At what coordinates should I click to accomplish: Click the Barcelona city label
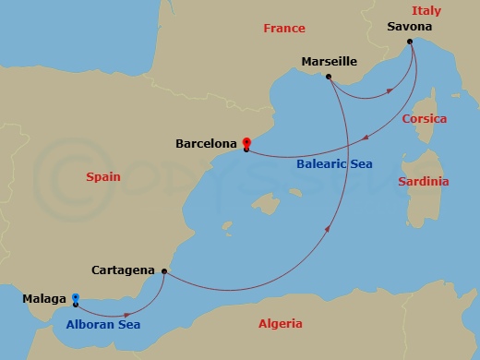coord(207,144)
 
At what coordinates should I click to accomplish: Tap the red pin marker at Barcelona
coord(246,143)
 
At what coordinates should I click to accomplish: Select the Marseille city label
coord(330,62)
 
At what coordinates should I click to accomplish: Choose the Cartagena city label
coord(123,270)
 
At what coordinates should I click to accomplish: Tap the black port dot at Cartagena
coord(163,271)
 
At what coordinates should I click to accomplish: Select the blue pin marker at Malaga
coord(76,297)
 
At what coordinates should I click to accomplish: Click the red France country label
coord(283,29)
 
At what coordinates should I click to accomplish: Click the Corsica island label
coord(425,119)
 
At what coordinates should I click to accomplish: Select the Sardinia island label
coord(424,181)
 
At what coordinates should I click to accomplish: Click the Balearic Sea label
coord(335,164)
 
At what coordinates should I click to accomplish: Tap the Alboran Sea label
coord(102,325)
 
